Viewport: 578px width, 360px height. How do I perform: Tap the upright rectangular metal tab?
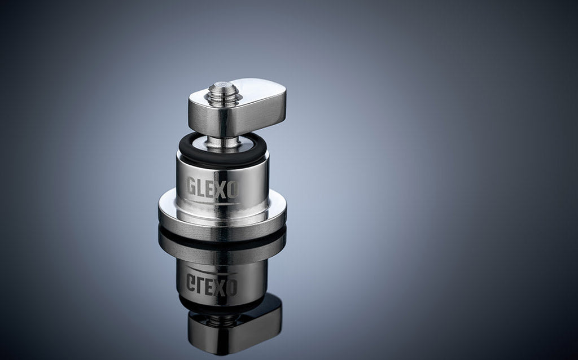(238, 108)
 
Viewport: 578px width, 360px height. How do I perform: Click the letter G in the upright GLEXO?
(191, 187)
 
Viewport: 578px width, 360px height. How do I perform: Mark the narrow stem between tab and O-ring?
(222, 142)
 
